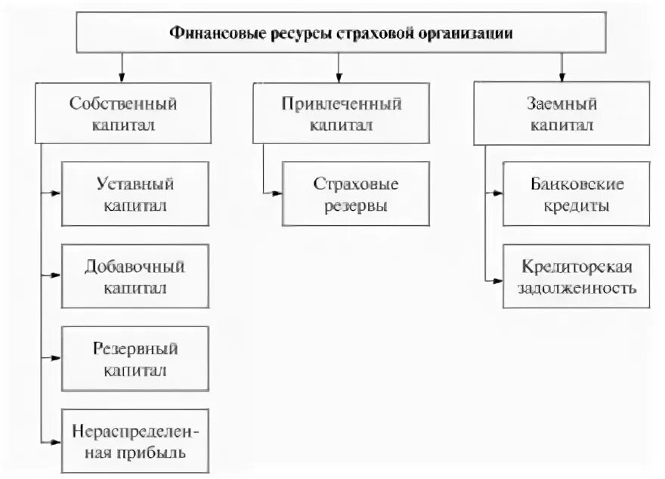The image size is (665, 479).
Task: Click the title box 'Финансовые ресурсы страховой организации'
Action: pos(340,34)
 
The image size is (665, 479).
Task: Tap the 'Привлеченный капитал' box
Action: pos(341,113)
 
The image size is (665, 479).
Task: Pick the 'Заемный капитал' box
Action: pos(561,113)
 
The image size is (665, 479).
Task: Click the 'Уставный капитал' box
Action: pos(136,193)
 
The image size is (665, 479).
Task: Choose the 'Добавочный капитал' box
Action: pos(136,276)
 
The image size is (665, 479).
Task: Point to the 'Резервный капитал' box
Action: pos(136,359)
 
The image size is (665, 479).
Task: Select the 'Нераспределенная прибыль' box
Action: pos(136,441)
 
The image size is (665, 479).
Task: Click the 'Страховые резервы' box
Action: pos(355,193)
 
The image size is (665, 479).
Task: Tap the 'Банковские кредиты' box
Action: pos(576,193)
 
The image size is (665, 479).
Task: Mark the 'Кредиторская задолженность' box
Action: pos(576,276)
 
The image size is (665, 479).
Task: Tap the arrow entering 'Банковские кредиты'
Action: pos(494,193)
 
